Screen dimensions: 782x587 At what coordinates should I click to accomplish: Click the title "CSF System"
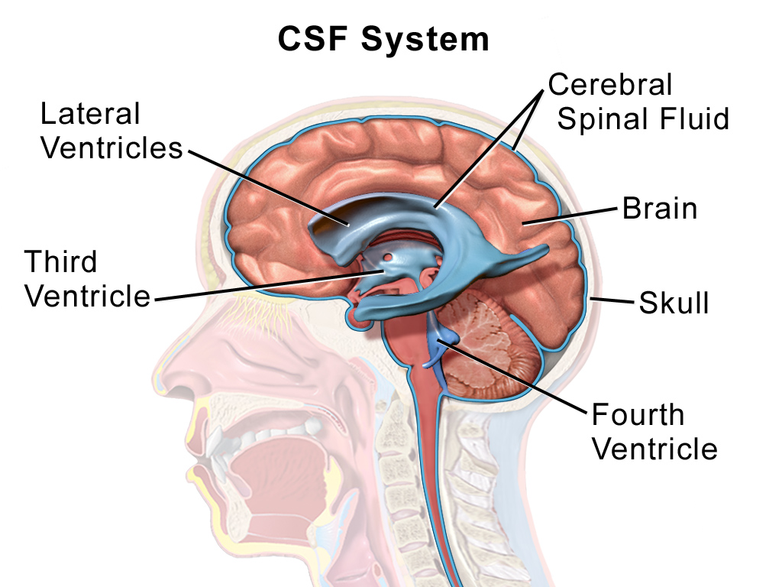[383, 40]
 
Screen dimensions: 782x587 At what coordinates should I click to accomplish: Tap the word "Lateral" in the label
[90, 114]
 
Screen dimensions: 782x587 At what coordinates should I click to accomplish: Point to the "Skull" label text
[674, 303]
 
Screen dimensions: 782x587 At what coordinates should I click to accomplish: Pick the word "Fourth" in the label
[638, 414]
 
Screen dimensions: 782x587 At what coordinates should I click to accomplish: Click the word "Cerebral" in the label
[610, 84]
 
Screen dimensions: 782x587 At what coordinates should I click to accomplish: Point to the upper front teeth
[215, 439]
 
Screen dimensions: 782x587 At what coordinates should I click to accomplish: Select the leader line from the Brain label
[570, 216]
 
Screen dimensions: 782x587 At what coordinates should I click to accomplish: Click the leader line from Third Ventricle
[270, 286]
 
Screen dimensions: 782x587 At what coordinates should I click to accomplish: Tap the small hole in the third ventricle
[388, 258]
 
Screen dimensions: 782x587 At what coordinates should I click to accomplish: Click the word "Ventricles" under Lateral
[111, 148]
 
